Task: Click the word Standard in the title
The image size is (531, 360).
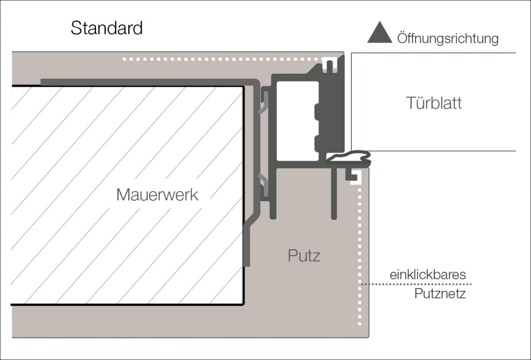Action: tap(107, 28)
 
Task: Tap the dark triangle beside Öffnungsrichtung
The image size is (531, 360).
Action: tap(380, 34)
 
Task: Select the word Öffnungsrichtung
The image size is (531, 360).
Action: tap(448, 39)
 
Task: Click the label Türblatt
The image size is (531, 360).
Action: tap(434, 103)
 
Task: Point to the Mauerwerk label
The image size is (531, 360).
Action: tap(157, 195)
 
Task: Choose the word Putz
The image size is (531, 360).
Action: tap(304, 256)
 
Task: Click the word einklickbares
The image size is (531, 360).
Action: tap(427, 275)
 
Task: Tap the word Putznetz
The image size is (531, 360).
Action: tap(440, 294)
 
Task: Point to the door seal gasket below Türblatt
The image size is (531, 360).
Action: tap(350, 157)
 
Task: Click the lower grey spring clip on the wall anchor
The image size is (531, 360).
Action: tap(264, 186)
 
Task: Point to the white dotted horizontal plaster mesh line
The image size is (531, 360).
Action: tap(221, 59)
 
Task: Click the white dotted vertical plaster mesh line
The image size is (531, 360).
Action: tap(359, 257)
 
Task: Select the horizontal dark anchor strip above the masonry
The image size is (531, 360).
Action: tap(146, 82)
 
